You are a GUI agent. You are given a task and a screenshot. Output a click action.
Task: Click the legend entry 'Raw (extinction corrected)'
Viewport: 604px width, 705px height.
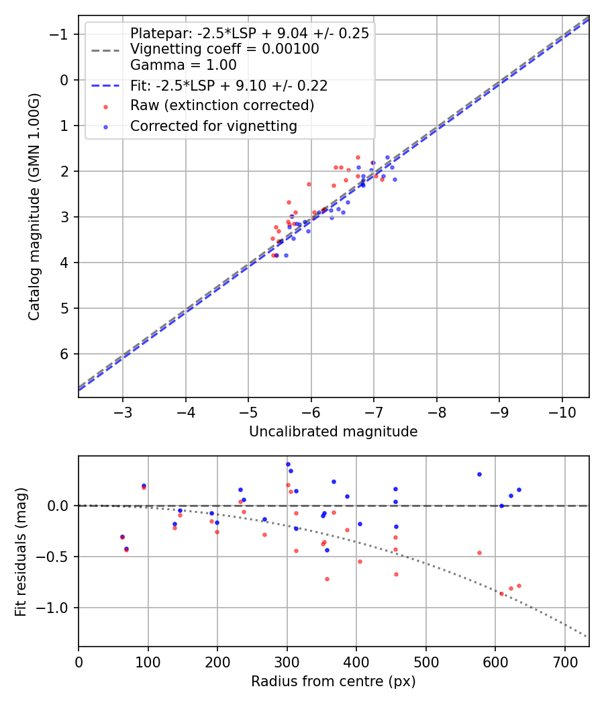[x=222, y=105]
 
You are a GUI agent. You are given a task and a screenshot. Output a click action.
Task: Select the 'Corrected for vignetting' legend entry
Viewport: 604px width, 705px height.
[x=213, y=126]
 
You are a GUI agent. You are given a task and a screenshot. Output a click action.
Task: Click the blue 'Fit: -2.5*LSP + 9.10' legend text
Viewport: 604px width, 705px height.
[x=229, y=86]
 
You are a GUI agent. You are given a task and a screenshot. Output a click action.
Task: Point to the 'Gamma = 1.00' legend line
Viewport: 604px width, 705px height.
[x=183, y=65]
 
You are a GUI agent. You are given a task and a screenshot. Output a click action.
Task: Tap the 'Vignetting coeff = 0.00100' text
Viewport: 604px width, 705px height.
[x=224, y=49]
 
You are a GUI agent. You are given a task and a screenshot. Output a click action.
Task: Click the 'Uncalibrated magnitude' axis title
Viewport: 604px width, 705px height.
[x=333, y=432]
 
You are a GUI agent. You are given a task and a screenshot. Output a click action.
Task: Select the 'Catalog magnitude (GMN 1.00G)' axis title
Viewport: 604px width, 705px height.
[x=34, y=207]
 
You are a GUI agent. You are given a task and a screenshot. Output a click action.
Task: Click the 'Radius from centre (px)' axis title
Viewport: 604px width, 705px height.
[x=333, y=681]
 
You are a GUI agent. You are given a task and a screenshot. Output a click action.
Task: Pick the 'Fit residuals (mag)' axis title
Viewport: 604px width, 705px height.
[x=21, y=551]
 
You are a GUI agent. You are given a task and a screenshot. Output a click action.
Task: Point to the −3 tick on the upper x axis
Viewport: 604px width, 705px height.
[x=122, y=410]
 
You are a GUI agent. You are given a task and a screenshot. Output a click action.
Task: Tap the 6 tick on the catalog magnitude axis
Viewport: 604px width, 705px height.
[x=65, y=354]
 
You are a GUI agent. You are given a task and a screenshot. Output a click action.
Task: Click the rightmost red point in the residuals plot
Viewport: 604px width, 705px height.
[x=519, y=585]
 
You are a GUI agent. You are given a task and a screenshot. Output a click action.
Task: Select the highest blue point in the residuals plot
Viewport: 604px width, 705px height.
[x=288, y=464]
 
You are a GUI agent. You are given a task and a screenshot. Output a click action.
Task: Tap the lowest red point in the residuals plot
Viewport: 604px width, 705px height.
[x=501, y=594]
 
